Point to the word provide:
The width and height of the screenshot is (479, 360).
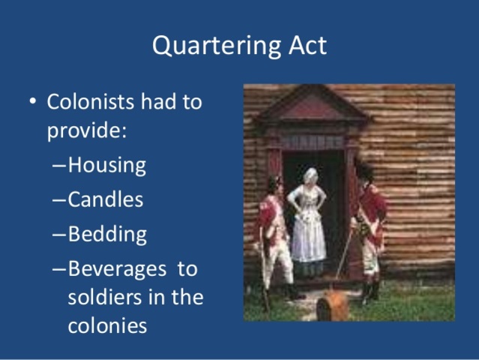pos(87,130)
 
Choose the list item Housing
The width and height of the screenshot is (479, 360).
pos(106,166)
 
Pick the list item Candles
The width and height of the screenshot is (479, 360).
pos(105,200)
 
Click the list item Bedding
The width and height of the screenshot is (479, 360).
pos(107,234)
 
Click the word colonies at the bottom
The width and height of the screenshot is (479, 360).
pos(107,327)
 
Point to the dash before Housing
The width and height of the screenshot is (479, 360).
pos(58,166)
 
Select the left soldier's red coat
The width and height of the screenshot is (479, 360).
pos(271,217)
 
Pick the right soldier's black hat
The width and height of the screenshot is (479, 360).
pos(365,172)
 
